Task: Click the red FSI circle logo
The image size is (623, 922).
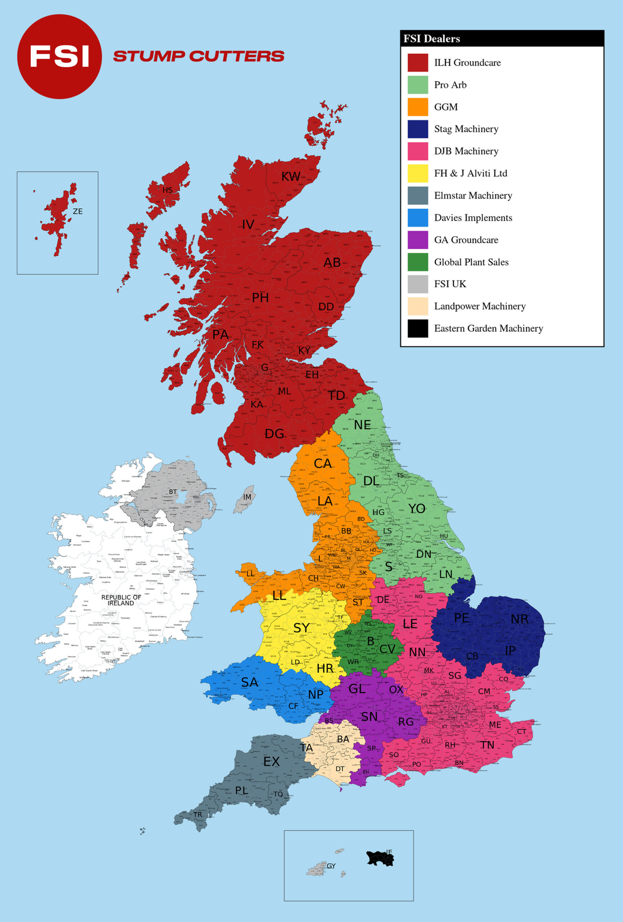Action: pyautogui.click(x=59, y=57)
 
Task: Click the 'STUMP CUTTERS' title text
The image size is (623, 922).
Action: pyautogui.click(x=198, y=56)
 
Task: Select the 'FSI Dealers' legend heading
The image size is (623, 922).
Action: pyautogui.click(x=431, y=39)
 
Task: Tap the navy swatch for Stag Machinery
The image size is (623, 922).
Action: pyautogui.click(x=418, y=129)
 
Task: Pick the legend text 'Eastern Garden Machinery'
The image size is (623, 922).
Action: pyautogui.click(x=488, y=328)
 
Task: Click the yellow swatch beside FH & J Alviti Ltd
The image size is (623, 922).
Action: pyautogui.click(x=418, y=173)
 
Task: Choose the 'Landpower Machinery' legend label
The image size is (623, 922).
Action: pyautogui.click(x=479, y=306)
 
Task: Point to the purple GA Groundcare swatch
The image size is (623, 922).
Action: pyautogui.click(x=418, y=240)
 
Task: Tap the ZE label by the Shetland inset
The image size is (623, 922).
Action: pyautogui.click(x=78, y=211)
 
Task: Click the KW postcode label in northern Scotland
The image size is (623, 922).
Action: pyautogui.click(x=290, y=176)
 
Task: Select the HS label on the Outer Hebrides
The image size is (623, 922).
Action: pyautogui.click(x=167, y=190)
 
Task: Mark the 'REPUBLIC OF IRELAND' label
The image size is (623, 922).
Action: pyautogui.click(x=121, y=600)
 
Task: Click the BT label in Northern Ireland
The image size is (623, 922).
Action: pyautogui.click(x=173, y=492)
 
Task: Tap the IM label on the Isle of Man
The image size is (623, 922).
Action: pyautogui.click(x=247, y=497)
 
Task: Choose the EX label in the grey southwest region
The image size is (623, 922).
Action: pyautogui.click(x=272, y=761)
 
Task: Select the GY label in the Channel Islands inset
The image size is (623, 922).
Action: pyautogui.click(x=331, y=866)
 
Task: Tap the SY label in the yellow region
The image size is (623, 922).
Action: pyautogui.click(x=301, y=628)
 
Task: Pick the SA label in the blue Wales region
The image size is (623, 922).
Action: pyautogui.click(x=250, y=682)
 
